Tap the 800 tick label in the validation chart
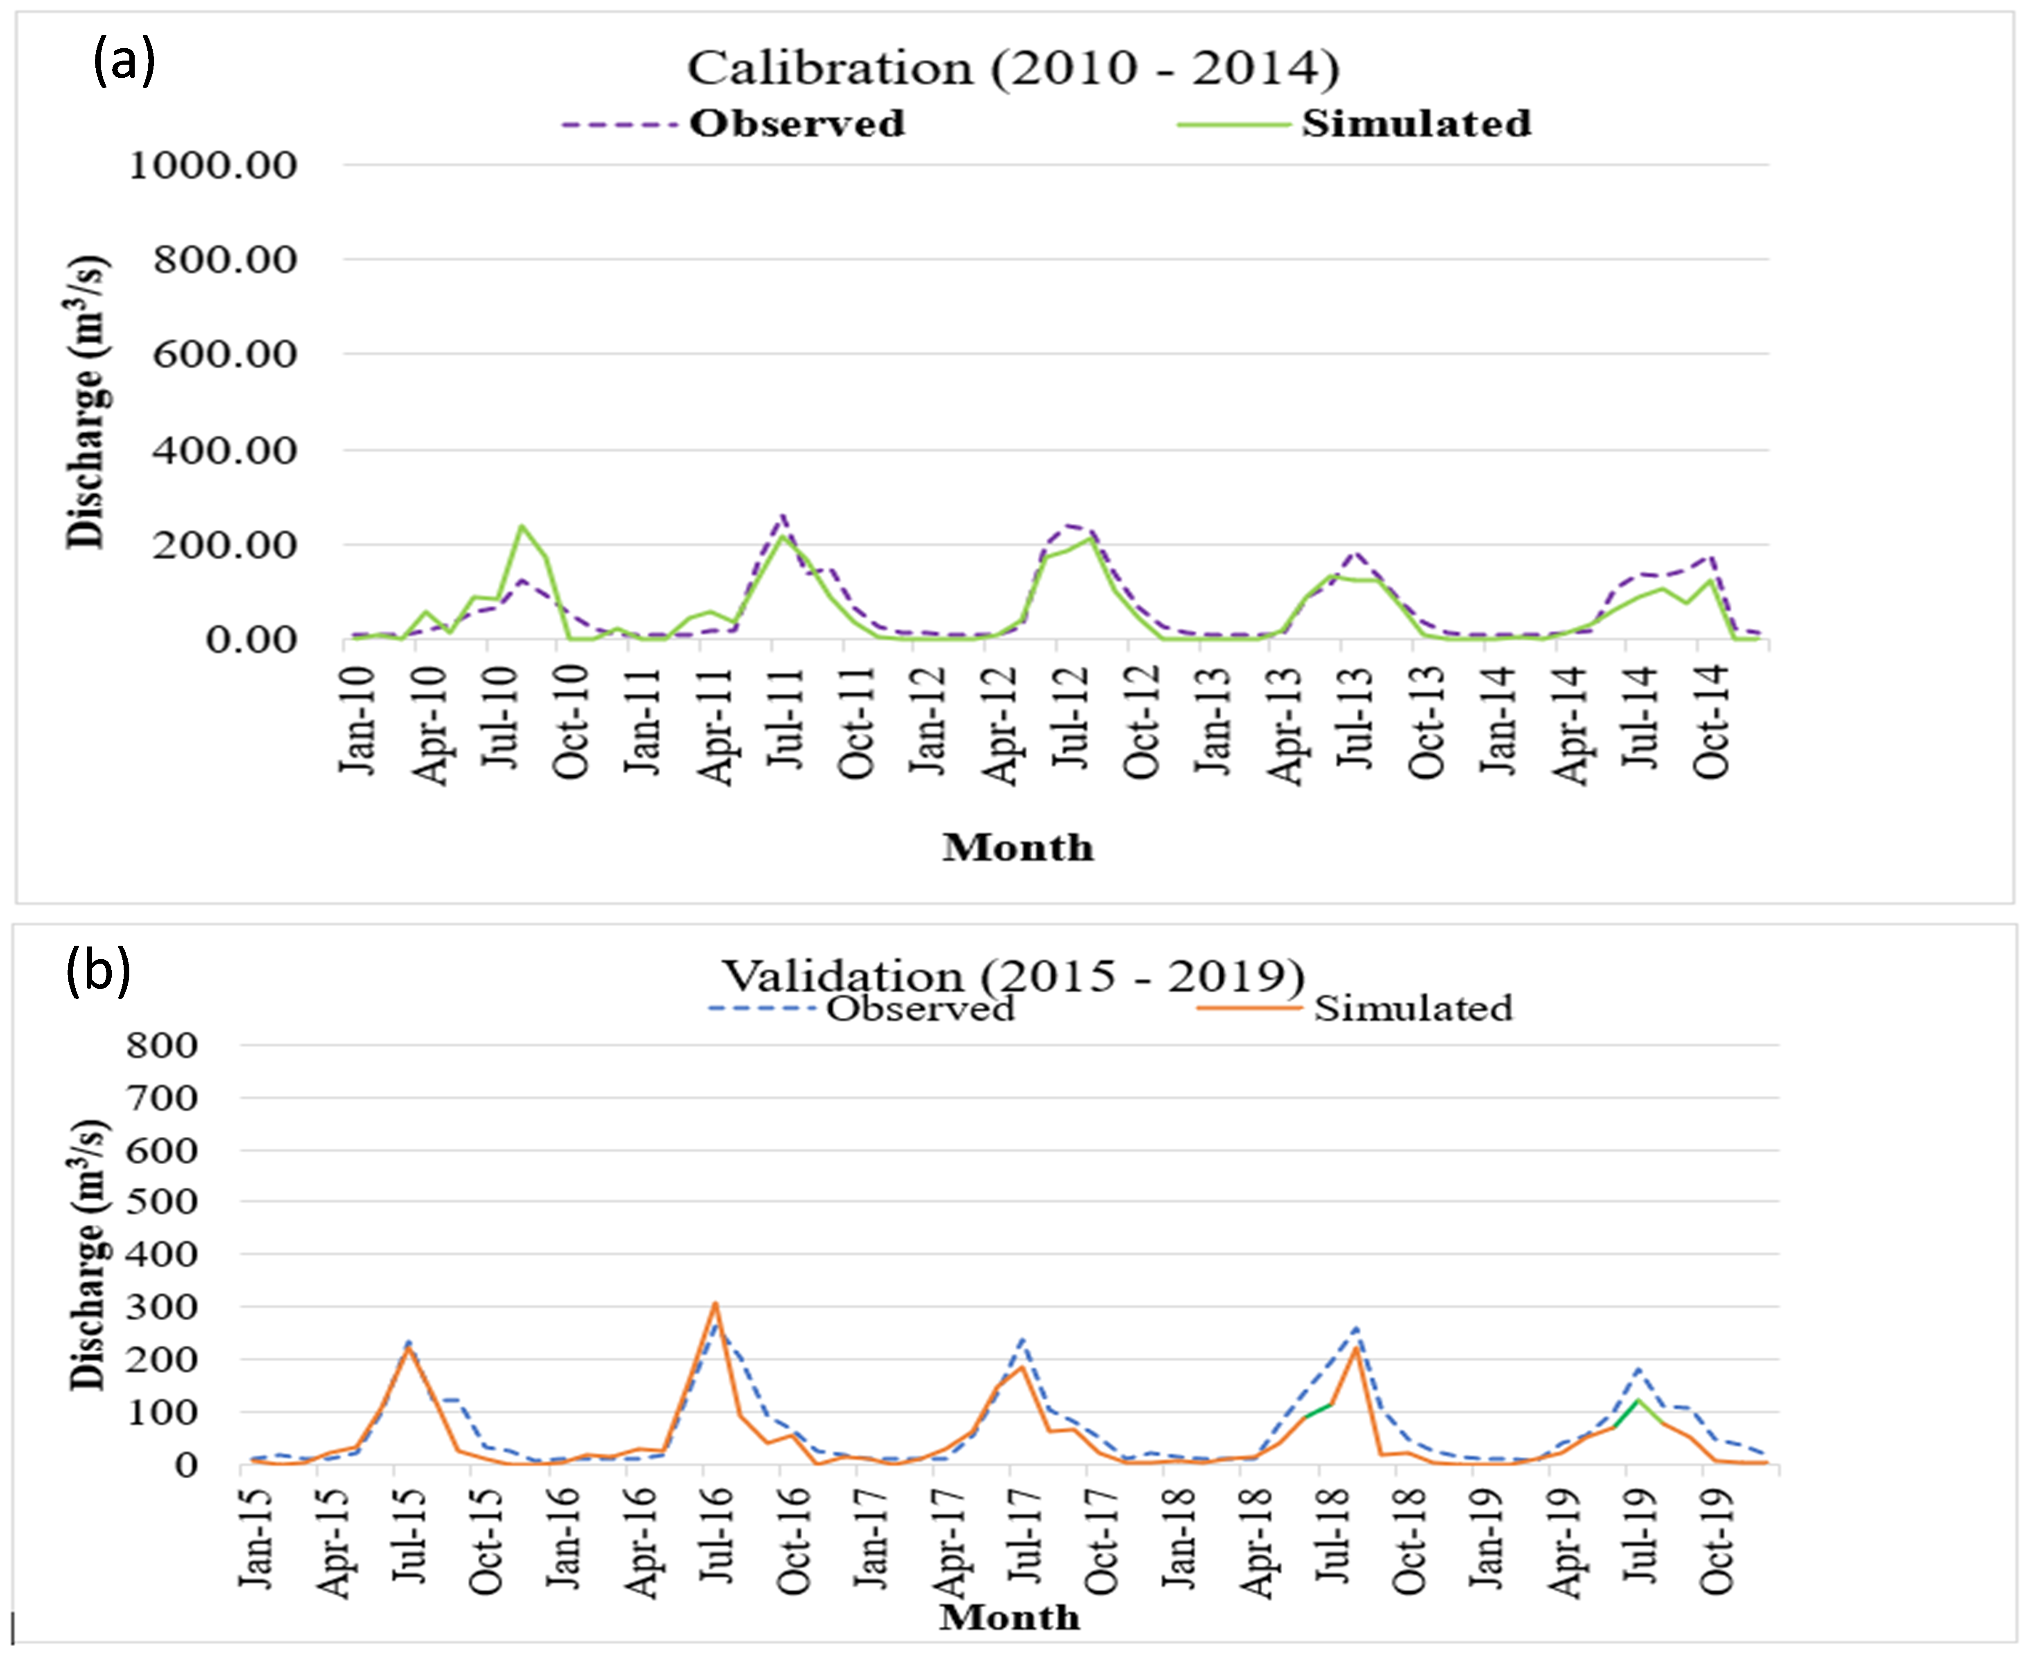click(162, 1045)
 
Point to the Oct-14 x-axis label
click(1712, 721)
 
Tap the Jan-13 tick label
click(1214, 721)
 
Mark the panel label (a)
click(124, 63)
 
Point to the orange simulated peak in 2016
click(715, 1303)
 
